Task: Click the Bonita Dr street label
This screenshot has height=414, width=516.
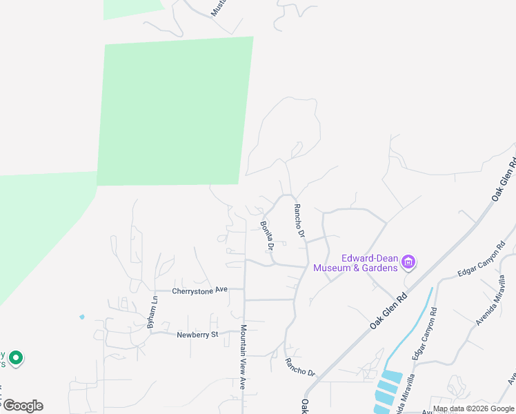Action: click(267, 235)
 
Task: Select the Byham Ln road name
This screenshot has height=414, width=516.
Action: click(155, 310)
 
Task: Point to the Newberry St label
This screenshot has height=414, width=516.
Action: click(197, 335)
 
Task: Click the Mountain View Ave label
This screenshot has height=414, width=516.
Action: click(243, 357)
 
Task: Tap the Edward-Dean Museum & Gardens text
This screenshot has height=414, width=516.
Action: click(356, 263)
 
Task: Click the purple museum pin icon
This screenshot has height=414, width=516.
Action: click(409, 262)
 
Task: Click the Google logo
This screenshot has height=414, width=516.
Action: click(22, 406)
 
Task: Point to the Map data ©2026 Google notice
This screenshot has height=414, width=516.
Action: click(473, 408)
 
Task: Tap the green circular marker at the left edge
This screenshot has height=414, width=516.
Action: click(16, 359)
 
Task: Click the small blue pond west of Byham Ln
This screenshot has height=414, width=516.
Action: click(82, 317)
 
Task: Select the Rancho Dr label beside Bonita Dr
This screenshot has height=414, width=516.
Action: click(299, 221)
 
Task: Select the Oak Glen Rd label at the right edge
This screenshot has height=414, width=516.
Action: click(504, 181)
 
